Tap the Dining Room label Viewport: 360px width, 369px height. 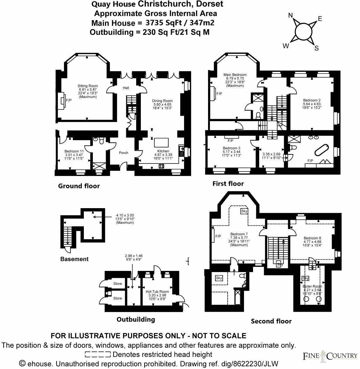162,101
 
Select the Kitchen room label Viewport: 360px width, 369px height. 163,151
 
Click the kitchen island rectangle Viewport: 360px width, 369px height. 161,142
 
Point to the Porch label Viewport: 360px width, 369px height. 124,153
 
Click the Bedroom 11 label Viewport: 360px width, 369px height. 74,151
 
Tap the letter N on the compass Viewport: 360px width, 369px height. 290,15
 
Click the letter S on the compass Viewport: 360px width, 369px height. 316,48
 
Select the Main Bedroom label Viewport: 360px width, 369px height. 235,75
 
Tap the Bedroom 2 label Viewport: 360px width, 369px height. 312,100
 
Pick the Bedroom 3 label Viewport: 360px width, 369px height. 231,148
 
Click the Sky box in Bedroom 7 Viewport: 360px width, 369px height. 244,211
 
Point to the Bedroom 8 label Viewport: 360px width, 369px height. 312,238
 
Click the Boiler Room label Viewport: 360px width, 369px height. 312,286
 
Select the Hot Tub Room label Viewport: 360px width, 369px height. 157,292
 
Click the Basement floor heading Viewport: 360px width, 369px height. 74,259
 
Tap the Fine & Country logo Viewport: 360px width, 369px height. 330,355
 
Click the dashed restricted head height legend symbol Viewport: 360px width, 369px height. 98,354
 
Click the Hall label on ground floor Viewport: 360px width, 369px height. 126,88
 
